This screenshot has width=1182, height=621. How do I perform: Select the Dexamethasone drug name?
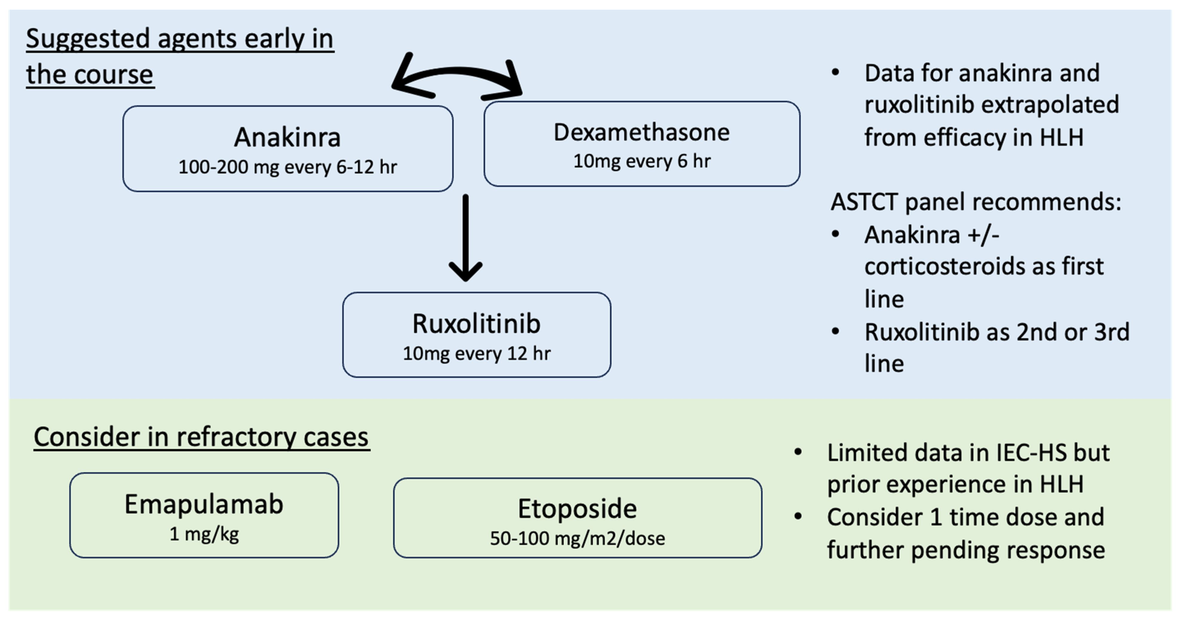[641, 133]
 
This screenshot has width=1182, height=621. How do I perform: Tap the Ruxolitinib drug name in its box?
[476, 324]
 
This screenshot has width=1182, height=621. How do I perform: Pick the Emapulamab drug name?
[204, 505]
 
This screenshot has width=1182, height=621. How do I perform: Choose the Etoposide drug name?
[577, 509]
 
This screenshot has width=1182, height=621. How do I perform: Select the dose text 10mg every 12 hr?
[476, 353]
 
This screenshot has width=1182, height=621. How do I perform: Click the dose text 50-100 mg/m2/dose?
[577, 538]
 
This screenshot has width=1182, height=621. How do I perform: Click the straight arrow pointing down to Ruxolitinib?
[465, 239]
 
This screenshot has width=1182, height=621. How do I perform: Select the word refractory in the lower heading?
[236, 437]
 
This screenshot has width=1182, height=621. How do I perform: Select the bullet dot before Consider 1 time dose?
[798, 517]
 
